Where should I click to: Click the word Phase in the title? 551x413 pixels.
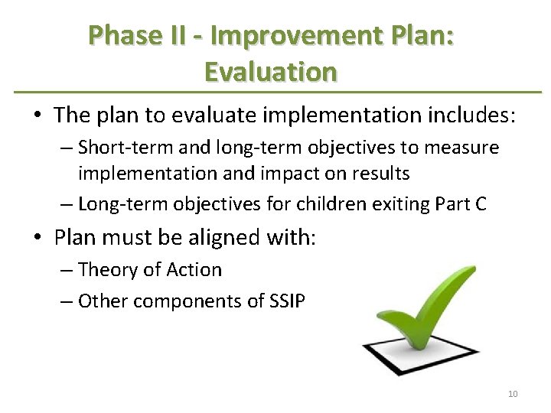tap(119, 35)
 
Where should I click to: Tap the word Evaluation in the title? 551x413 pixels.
tap(271, 71)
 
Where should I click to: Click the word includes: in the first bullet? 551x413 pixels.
tap(470, 115)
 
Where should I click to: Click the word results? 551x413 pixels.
tap(380, 174)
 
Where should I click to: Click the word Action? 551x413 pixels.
tap(197, 270)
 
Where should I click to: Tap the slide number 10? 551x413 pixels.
tap(513, 394)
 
